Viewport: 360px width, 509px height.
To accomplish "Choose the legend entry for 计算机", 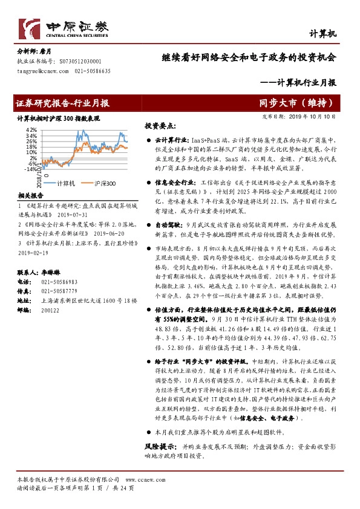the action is pos(65,183).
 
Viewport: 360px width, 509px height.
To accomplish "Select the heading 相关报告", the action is pos(30,196).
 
